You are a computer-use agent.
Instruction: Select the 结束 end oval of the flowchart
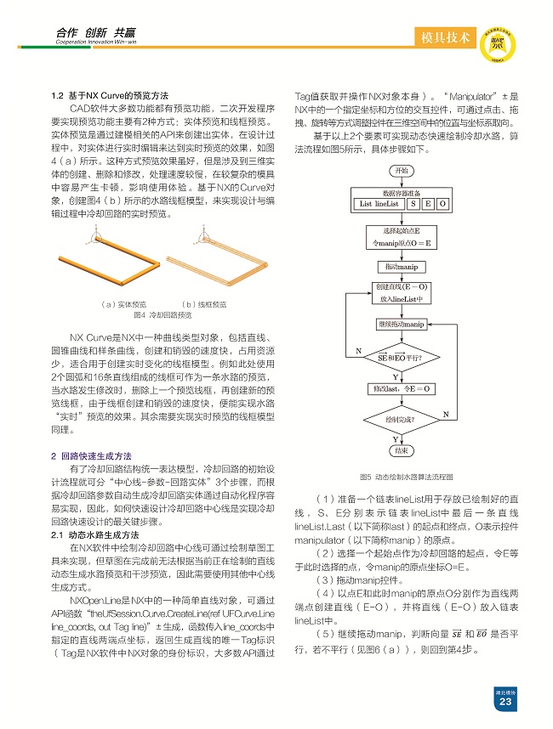[x=401, y=450]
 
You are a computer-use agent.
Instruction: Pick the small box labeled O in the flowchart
[x=442, y=204]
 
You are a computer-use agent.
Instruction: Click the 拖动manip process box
[x=401, y=268]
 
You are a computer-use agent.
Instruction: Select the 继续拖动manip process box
[x=401, y=325]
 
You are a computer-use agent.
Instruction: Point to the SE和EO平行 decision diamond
[x=401, y=357]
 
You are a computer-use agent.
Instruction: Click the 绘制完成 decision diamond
[x=401, y=420]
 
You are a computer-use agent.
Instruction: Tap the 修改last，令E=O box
[x=401, y=388]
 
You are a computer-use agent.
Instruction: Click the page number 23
[x=505, y=702]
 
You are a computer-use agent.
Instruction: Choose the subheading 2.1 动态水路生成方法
[x=95, y=535]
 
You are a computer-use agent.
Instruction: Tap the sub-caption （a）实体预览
[x=123, y=304]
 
